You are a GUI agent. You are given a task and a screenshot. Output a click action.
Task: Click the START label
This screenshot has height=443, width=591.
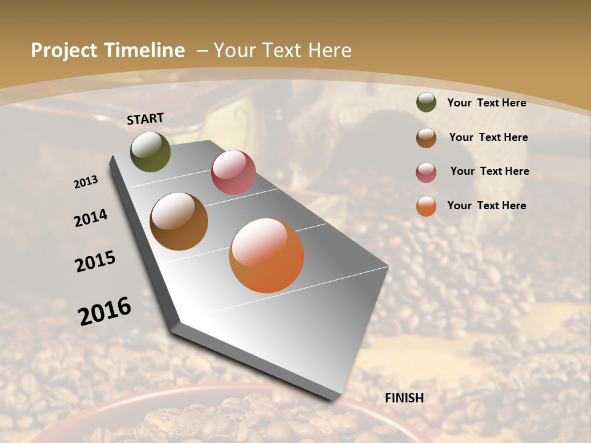click(x=145, y=119)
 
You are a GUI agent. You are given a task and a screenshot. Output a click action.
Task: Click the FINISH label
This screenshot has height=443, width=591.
click(x=404, y=398)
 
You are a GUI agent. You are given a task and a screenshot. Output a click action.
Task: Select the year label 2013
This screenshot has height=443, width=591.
click(x=86, y=182)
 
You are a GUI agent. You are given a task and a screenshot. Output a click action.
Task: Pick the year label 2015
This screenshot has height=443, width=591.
click(x=95, y=261)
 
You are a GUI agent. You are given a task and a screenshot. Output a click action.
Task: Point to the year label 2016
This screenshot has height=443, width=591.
click(x=105, y=311)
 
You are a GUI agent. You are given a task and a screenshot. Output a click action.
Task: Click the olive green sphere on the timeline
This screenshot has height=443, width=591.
click(x=150, y=151)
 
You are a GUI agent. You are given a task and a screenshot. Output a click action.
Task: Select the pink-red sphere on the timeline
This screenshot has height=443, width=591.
click(x=233, y=172)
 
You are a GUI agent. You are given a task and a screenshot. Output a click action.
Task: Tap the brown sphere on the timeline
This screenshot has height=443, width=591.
click(x=179, y=221)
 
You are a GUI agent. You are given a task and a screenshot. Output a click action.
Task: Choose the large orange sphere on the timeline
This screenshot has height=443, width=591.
click(x=267, y=255)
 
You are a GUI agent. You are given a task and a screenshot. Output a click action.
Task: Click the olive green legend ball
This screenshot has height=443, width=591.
click(x=426, y=102)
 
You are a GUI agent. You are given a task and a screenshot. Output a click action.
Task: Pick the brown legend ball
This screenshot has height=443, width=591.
click(x=426, y=138)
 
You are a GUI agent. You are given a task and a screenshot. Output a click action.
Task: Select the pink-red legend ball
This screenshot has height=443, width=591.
click(x=426, y=172)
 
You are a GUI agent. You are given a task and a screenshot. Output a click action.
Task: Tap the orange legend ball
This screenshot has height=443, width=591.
click(x=426, y=207)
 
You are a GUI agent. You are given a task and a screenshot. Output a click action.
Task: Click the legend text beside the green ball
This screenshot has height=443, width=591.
click(x=486, y=103)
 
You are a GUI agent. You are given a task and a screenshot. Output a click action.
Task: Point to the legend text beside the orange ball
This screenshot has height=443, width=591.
click(x=486, y=206)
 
